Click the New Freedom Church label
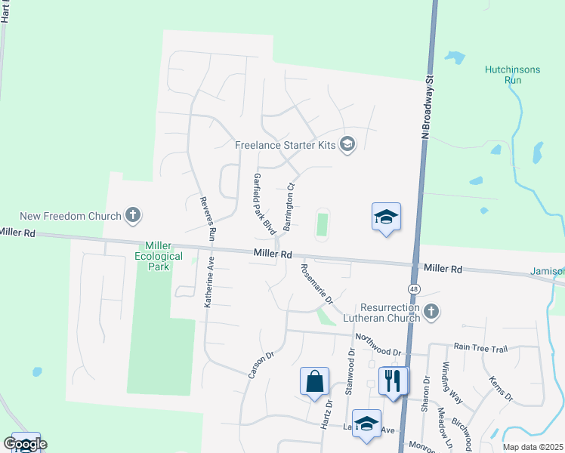coord(71,216)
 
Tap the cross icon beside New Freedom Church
coord(133,216)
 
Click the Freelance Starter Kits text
coord(286,145)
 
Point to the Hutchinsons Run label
coord(512,74)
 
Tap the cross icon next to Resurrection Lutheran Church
coord(431,311)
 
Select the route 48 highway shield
coord(415,288)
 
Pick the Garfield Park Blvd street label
coord(263,202)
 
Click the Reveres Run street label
coord(208,219)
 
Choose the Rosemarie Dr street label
coord(317,283)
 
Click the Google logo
coord(26,445)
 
